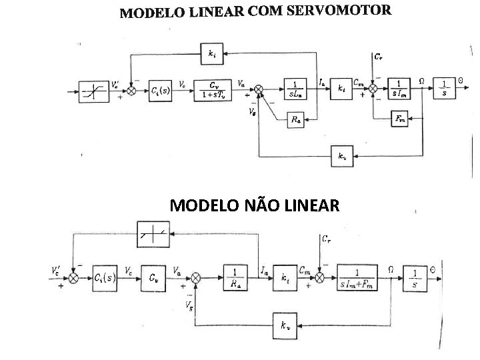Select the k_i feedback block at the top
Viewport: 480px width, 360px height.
pyautogui.click(x=211, y=53)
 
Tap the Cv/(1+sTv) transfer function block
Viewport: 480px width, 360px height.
pyautogui.click(x=213, y=89)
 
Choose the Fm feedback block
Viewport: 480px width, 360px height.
pyautogui.click(x=400, y=119)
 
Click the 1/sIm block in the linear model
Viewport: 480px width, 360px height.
pyautogui.click(x=399, y=89)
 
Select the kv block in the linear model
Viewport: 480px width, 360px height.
pyautogui.click(x=342, y=157)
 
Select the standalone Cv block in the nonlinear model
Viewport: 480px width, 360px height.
pyautogui.click(x=154, y=277)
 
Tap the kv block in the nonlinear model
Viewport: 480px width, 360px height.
pyautogui.click(x=285, y=325)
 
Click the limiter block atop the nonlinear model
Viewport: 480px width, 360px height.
pyautogui.click(x=153, y=233)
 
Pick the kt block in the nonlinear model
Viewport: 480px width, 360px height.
pyautogui.click(x=285, y=277)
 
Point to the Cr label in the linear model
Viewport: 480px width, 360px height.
pyautogui.click(x=378, y=57)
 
